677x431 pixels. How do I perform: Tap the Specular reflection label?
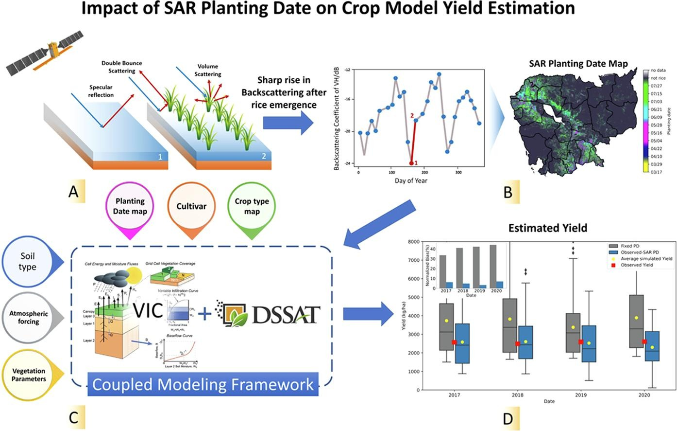(x=101, y=91)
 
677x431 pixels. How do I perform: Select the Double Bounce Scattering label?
(x=121, y=67)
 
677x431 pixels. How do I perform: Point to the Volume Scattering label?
(x=208, y=70)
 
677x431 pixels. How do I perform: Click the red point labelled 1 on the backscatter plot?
(x=411, y=163)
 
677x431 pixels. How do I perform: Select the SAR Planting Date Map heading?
(x=578, y=64)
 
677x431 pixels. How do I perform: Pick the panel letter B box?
(x=508, y=192)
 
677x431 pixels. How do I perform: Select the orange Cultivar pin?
(x=191, y=207)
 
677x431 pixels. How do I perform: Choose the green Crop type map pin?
(x=252, y=207)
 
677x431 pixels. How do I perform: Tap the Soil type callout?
(x=28, y=261)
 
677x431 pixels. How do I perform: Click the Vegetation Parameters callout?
(x=29, y=375)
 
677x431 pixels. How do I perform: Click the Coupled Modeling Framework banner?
(x=203, y=385)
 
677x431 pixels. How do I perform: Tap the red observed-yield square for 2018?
(x=518, y=344)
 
